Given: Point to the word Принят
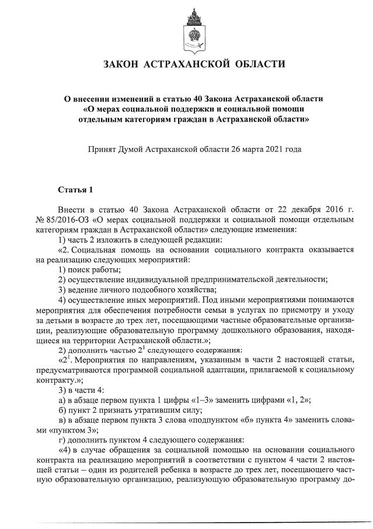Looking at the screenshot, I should click(x=100, y=149).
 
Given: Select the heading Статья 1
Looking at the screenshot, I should click(x=75, y=190).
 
